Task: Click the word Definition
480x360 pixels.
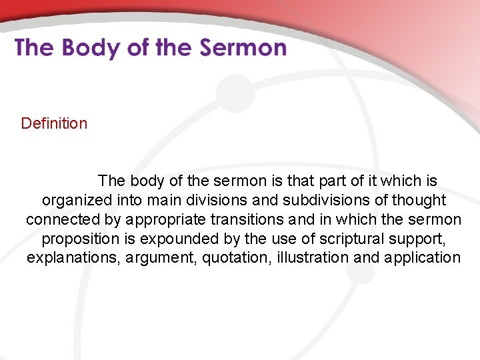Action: pos(54,123)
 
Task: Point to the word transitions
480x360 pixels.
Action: pos(247,219)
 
